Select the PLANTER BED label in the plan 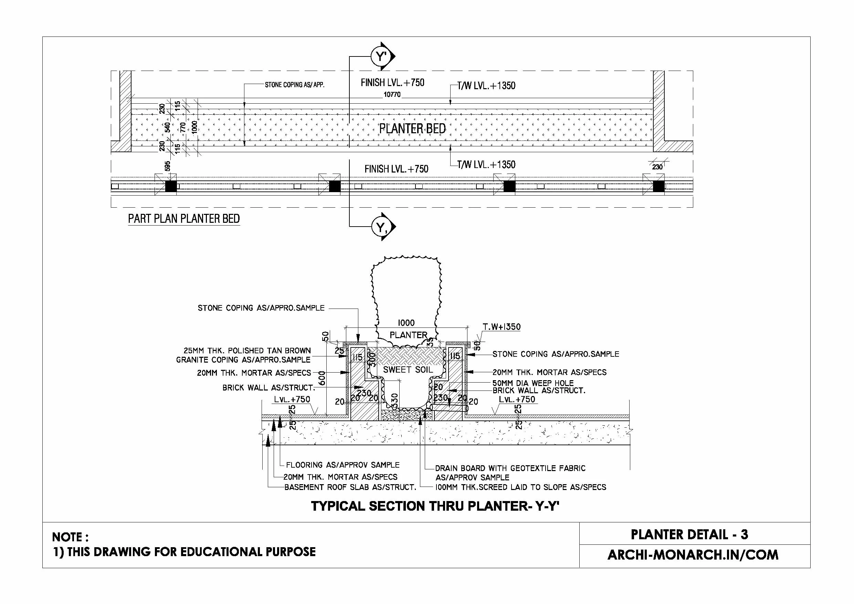[x=412, y=129]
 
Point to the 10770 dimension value [x=392, y=95]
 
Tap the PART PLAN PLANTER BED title [x=184, y=219]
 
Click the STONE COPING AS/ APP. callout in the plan [x=294, y=85]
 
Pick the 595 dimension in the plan [x=168, y=166]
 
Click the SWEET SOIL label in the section [x=408, y=369]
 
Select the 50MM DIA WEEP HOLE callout [x=533, y=383]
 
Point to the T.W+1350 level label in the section [x=502, y=327]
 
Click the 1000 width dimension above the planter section [x=406, y=323]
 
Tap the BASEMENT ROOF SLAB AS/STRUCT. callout [x=350, y=487]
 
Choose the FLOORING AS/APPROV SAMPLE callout [x=342, y=465]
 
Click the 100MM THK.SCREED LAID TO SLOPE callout [x=521, y=487]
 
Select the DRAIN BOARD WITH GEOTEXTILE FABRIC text [x=510, y=468]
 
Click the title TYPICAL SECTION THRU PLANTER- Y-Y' [x=435, y=507]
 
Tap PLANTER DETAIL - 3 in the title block [x=689, y=535]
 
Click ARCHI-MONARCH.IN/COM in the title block [x=693, y=555]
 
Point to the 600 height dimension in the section [x=322, y=378]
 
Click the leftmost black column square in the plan [x=171, y=186]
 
